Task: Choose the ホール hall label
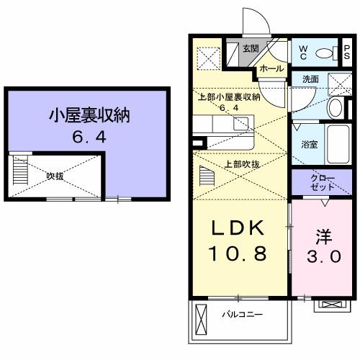(271, 68)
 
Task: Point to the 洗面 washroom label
(311, 79)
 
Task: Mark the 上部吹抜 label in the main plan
(243, 164)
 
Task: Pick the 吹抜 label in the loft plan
(55, 174)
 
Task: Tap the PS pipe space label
(347, 53)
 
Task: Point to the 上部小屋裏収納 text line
(228, 97)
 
